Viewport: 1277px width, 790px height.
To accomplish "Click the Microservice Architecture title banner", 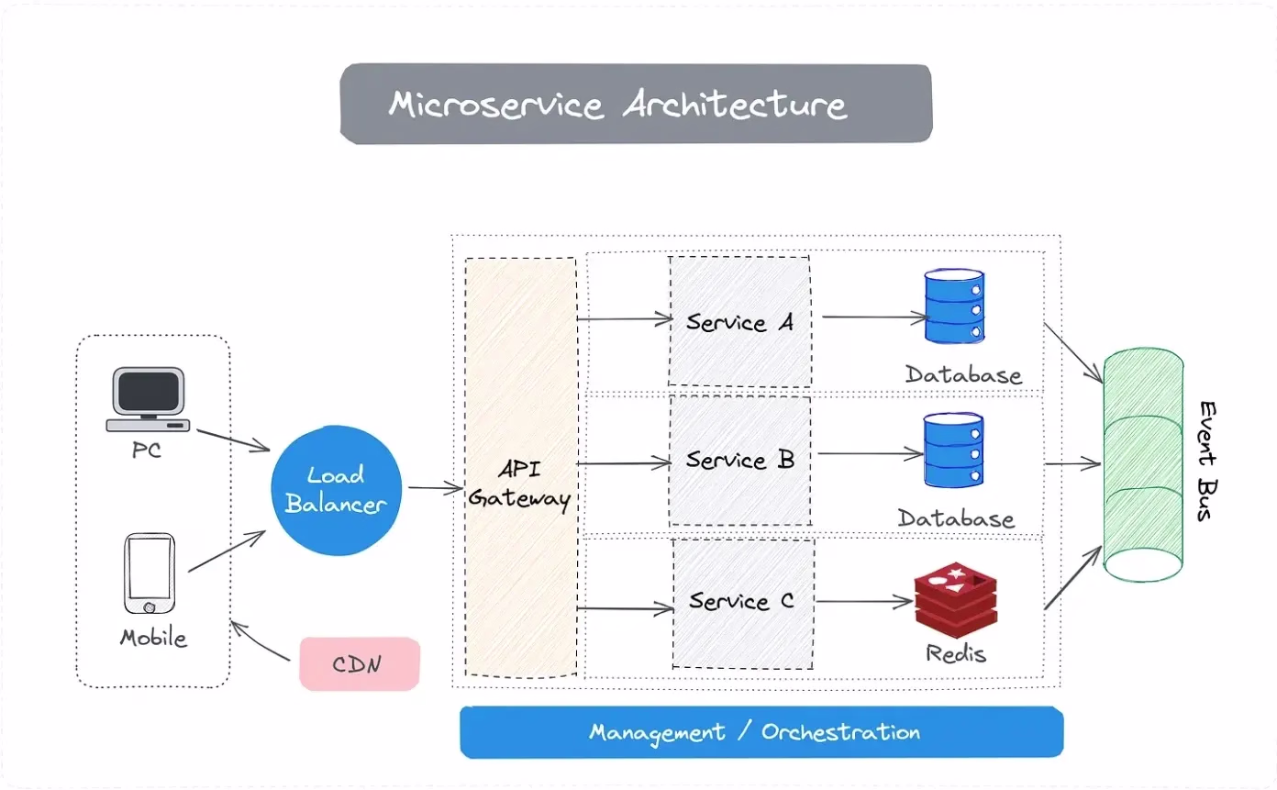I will pos(636,104).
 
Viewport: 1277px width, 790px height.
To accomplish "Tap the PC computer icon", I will pos(149,400).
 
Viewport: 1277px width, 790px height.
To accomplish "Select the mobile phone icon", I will pos(149,574).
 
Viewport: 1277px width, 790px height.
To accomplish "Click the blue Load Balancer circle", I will pos(337,490).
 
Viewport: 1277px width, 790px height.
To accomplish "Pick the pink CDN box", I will pos(360,663).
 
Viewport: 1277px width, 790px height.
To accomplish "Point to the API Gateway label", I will pos(521,484).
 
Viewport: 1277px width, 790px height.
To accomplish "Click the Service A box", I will pos(739,321).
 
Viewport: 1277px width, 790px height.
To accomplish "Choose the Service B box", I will pos(739,460).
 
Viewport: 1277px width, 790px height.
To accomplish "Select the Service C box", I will pos(743,602).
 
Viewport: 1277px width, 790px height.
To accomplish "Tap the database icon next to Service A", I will pos(955,306).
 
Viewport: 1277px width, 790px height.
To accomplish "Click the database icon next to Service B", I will pos(953,450).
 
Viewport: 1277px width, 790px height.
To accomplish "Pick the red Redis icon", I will pos(955,603).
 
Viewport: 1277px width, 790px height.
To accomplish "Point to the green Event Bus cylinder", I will pos(1143,466).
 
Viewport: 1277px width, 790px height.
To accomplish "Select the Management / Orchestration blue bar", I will pos(761,732).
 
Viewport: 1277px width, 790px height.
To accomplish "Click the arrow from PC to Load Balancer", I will pos(233,440).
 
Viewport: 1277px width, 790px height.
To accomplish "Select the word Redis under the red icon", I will pos(955,654).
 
